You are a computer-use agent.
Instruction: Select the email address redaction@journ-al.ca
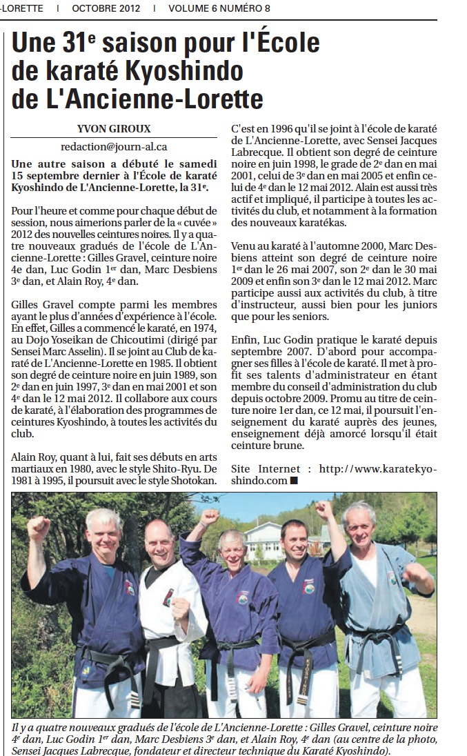click(x=114, y=146)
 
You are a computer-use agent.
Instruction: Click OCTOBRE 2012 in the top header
click(x=106, y=8)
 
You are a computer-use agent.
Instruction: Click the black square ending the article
click(x=294, y=481)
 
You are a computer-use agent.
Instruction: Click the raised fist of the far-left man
click(x=39, y=528)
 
